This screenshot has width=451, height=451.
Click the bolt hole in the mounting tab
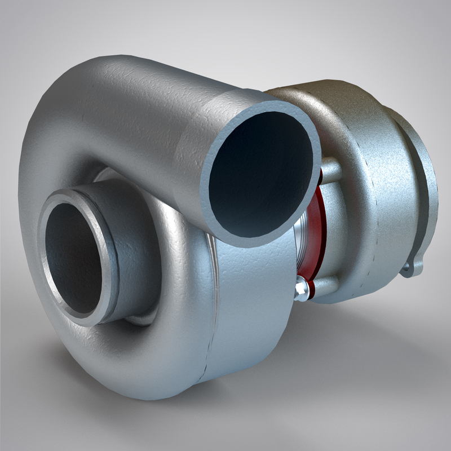point(411,269)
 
